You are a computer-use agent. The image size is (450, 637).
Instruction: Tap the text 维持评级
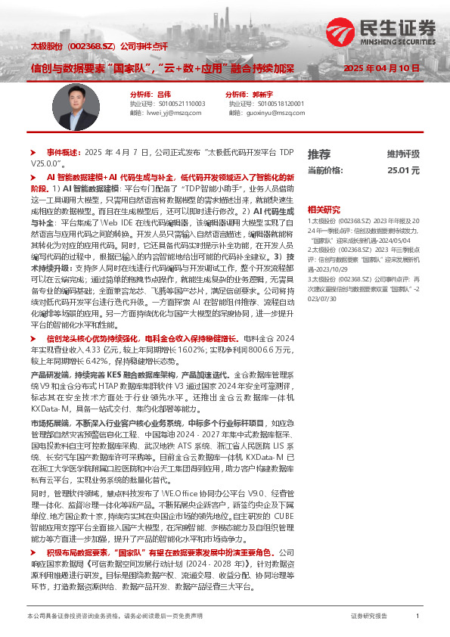pyautogui.click(x=402, y=154)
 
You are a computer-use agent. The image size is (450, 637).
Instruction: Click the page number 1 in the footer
pyautogui.click(x=417, y=617)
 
